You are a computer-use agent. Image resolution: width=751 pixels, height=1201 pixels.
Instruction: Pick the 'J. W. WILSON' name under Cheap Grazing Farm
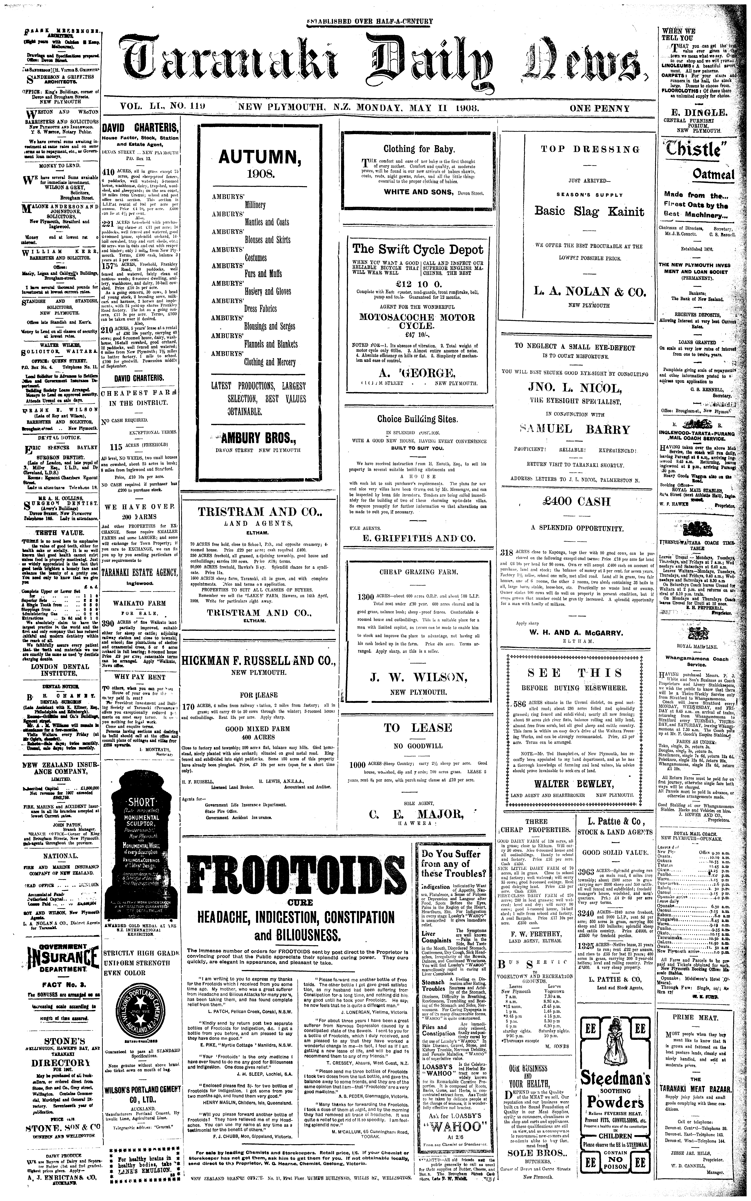click(418, 677)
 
